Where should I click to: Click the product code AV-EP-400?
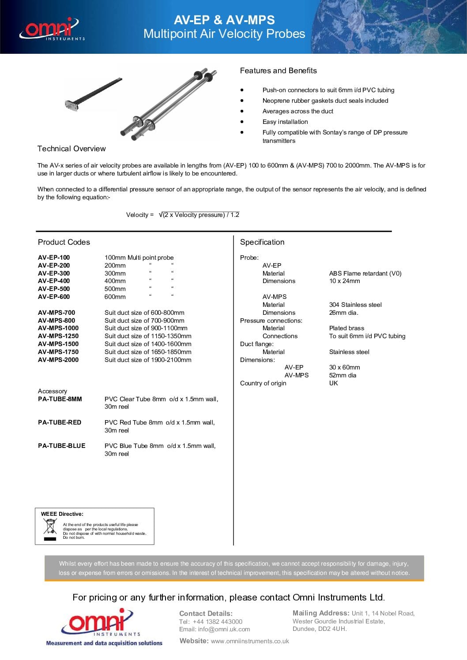(54, 281)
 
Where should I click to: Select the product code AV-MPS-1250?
(58, 336)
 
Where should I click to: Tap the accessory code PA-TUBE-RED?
(60, 422)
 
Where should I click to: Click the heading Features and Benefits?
(278, 71)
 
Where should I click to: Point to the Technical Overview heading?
(72, 149)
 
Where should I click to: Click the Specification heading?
(262, 242)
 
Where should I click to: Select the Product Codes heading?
(64, 242)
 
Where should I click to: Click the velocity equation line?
(183, 215)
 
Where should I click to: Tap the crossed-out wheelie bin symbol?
(50, 528)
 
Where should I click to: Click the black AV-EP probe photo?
(93, 94)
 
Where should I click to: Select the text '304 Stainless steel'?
(355, 305)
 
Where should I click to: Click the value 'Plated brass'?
(346, 328)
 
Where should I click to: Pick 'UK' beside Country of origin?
(333, 383)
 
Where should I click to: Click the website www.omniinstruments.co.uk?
(250, 641)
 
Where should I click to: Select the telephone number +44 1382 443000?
(218, 621)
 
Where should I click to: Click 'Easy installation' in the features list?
(285, 122)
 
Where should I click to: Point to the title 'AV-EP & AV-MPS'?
(224, 20)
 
